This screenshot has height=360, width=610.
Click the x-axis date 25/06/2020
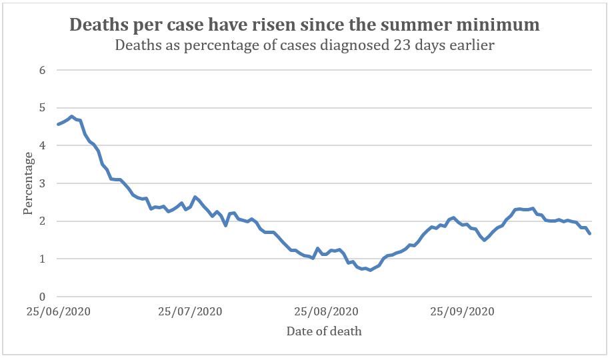tap(58, 311)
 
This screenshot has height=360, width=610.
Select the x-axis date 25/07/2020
tap(191, 311)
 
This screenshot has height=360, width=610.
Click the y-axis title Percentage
tap(28, 183)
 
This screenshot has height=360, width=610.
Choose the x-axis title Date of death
tap(324, 331)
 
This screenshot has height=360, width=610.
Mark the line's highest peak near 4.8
tap(71, 116)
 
